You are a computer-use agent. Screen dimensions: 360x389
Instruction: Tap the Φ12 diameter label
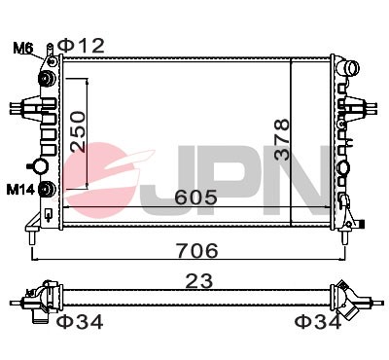coord(81,44)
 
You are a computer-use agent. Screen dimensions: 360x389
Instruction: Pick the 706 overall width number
coord(191,250)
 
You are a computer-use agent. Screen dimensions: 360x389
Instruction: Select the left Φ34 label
coord(78,321)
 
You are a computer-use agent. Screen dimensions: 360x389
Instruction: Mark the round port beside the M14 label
coord(44,188)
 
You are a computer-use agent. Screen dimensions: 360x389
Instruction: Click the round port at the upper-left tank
coord(44,78)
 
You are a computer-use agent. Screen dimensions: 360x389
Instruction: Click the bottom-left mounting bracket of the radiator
coord(34,233)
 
